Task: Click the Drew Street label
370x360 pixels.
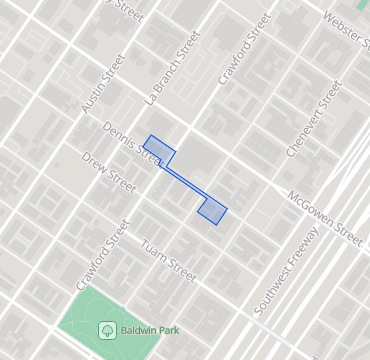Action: coord(109,172)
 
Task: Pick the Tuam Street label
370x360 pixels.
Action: coord(167,259)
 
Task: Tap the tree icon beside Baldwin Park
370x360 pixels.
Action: coord(106,328)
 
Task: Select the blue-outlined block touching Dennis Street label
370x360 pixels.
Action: coord(159,151)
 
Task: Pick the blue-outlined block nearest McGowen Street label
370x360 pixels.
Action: coord(213,210)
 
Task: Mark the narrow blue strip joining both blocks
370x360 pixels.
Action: coord(187,181)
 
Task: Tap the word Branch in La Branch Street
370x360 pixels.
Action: coord(171,71)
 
